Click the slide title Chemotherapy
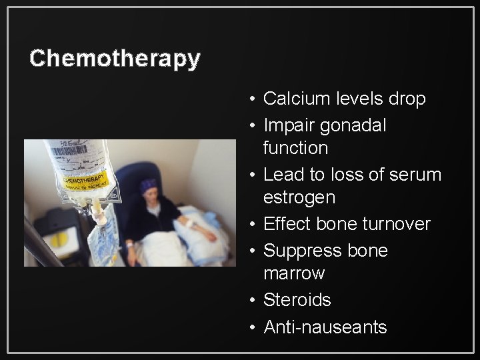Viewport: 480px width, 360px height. point(115,58)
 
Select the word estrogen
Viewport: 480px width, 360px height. point(299,197)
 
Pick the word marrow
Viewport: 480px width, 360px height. point(294,273)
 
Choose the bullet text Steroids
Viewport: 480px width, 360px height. point(297,300)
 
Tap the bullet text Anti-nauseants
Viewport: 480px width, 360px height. point(325,327)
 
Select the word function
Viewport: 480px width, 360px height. point(295,148)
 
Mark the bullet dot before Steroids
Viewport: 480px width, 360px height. point(248,301)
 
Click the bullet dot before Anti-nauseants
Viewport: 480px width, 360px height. point(248,327)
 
